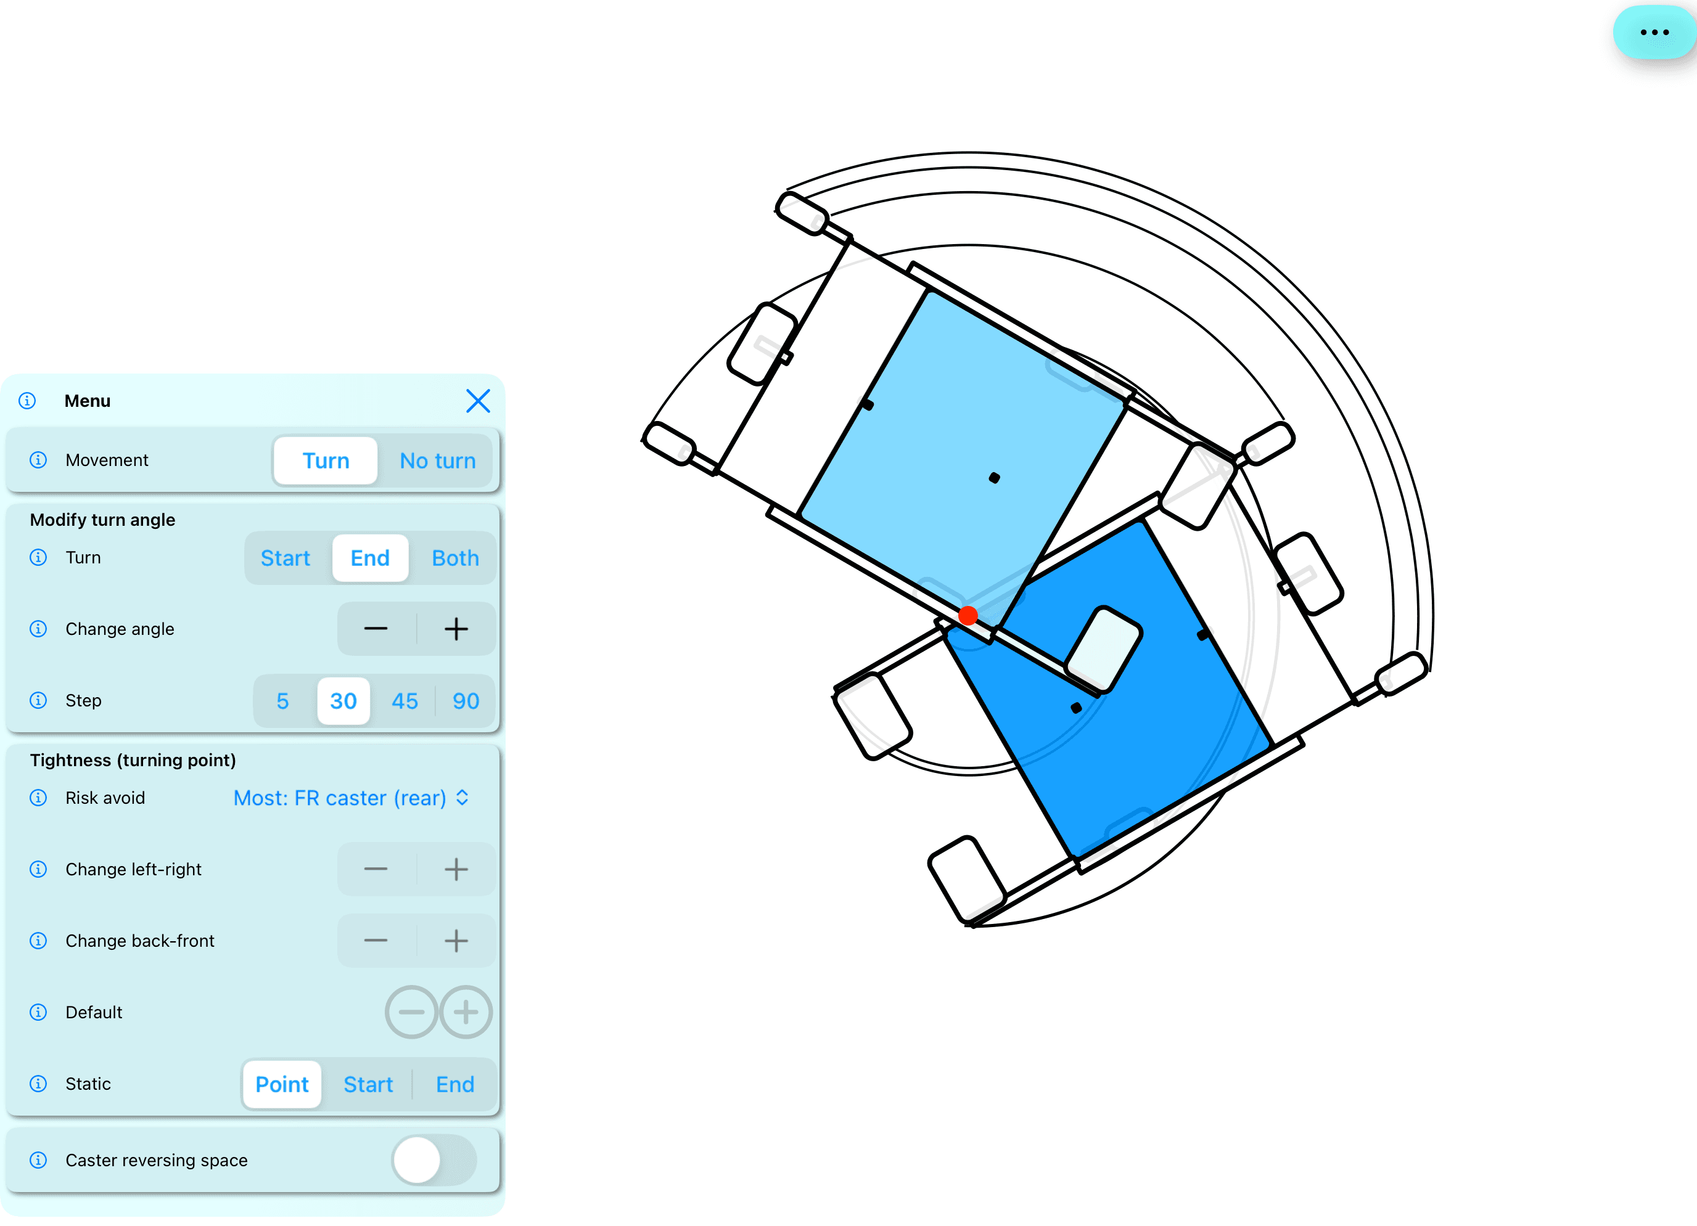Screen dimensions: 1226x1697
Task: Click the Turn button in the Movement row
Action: click(326, 461)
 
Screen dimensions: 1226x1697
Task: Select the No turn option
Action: click(438, 461)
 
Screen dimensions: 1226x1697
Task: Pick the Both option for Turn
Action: click(455, 558)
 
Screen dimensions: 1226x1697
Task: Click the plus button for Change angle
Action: click(456, 629)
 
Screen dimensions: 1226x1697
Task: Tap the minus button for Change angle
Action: click(376, 629)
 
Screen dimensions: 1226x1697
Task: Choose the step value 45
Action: click(405, 701)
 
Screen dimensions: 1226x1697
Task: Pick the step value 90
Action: click(466, 701)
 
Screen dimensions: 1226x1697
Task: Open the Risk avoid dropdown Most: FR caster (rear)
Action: click(351, 798)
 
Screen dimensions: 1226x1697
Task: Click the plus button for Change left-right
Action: click(456, 869)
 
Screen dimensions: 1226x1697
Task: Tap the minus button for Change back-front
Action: click(376, 941)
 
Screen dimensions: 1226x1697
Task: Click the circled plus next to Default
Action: click(466, 1012)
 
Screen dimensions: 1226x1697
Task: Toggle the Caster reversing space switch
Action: click(434, 1160)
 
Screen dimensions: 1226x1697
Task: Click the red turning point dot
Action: click(968, 616)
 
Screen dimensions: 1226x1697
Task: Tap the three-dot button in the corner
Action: click(1654, 32)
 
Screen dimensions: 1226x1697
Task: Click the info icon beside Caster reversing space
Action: click(38, 1160)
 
